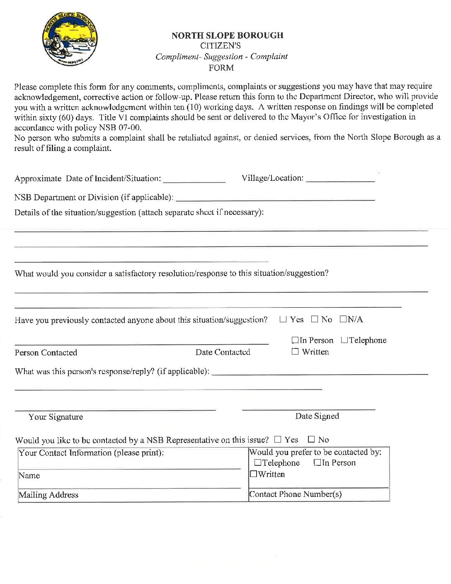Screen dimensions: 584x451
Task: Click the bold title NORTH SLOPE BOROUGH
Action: pyautogui.click(x=227, y=36)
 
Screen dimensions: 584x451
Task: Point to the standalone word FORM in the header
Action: pyautogui.click(x=221, y=68)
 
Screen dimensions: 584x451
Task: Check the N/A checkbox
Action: pyautogui.click(x=343, y=319)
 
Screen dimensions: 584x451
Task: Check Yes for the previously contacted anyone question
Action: pyautogui.click(x=283, y=319)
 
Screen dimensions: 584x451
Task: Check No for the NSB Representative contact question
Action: pyautogui.click(x=311, y=439)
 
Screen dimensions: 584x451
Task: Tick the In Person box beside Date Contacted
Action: pyautogui.click(x=295, y=340)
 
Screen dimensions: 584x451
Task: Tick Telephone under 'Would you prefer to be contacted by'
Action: pyautogui.click(x=258, y=462)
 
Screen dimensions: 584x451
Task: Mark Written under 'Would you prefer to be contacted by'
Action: pyautogui.click(x=253, y=474)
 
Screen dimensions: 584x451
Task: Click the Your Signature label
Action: pyautogui.click(x=56, y=417)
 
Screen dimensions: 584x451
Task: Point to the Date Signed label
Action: pyautogui.click(x=317, y=416)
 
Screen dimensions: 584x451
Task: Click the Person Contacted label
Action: pyautogui.click(x=46, y=353)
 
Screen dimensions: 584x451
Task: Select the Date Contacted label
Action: pyautogui.click(x=223, y=352)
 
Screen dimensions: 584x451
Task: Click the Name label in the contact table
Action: pyautogui.click(x=29, y=475)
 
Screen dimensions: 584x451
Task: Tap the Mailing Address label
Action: pyautogui.click(x=48, y=495)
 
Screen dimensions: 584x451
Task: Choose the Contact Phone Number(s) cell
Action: pyautogui.click(x=318, y=494)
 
